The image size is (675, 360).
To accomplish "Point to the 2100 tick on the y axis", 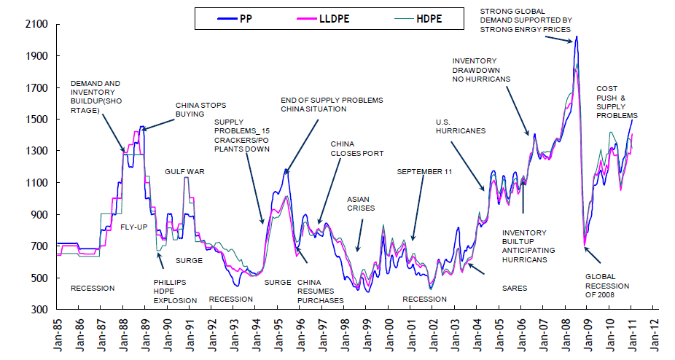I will click(x=36, y=25).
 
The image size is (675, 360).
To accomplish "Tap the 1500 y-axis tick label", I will click(x=36, y=120).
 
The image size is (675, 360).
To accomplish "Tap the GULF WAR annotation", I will click(x=184, y=172).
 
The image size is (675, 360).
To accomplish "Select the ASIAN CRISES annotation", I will click(x=360, y=203).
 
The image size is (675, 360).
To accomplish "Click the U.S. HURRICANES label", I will click(x=461, y=126).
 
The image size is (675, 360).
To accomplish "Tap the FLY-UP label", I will click(x=134, y=227).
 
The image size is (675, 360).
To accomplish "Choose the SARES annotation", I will click(x=515, y=289).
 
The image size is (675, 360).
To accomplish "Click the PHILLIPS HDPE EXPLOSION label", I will click(x=175, y=291).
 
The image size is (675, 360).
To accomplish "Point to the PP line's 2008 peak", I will click(x=576, y=36).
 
